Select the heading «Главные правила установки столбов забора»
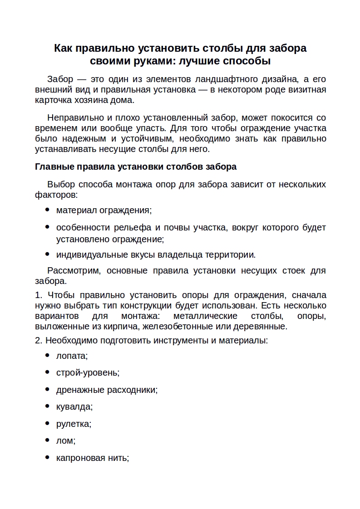click(136, 166)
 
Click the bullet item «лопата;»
click(72, 356)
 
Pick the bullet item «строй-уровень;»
click(88, 372)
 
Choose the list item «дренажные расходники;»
click(107, 390)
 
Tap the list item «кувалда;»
click(74, 406)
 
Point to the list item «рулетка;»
click(74, 424)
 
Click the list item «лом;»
click(66, 440)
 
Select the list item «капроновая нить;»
click(93, 458)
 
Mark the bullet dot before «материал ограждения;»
click(48, 210)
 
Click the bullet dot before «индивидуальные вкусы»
click(48, 254)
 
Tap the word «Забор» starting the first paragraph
click(60, 79)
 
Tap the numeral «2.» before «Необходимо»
click(39, 340)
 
